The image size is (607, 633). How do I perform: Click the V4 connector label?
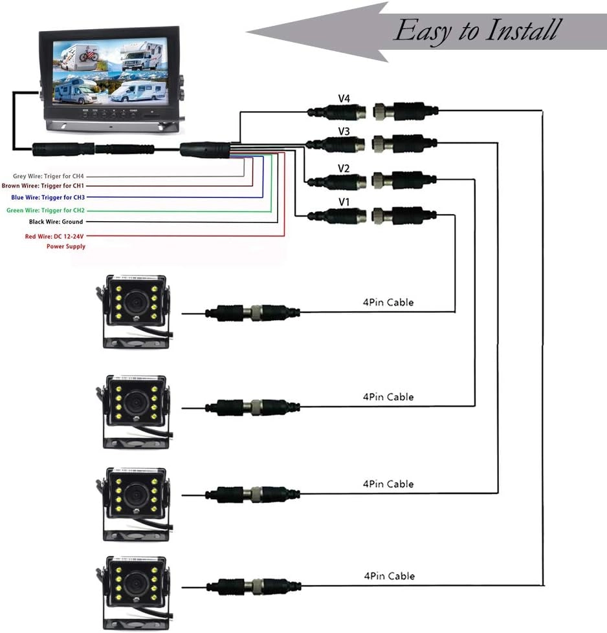click(x=344, y=98)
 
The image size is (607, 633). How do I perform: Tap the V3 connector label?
click(x=344, y=132)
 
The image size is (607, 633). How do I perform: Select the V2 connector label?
click(x=344, y=169)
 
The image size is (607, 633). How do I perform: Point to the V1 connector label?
click(x=344, y=202)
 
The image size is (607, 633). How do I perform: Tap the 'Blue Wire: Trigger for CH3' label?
click(x=48, y=197)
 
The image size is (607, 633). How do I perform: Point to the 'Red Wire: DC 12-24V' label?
click(x=55, y=237)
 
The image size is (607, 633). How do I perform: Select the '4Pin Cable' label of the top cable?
click(x=388, y=302)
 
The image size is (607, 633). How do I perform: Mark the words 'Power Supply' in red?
click(x=65, y=246)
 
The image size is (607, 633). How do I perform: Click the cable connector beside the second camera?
click(x=253, y=407)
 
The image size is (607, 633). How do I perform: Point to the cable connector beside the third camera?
click(x=253, y=495)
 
